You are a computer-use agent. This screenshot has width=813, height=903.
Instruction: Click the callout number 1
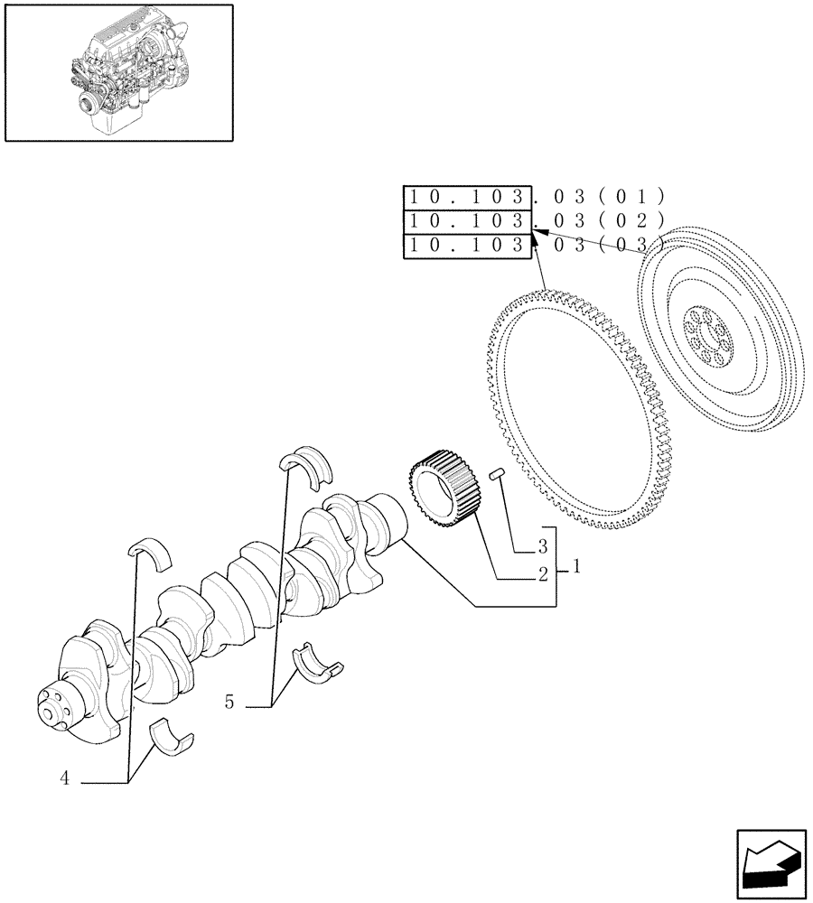575,568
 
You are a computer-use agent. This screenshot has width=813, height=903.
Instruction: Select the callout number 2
543,574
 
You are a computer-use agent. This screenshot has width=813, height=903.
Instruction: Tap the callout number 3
542,546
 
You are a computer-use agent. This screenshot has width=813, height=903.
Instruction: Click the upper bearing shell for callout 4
152,552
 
